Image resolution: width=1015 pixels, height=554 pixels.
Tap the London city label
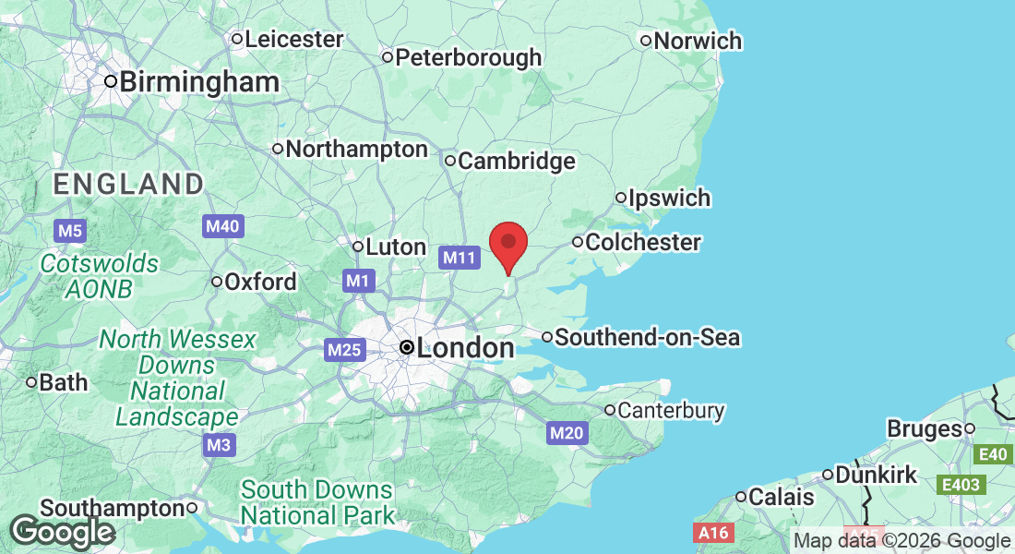click(x=465, y=348)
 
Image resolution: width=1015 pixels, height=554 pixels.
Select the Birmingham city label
click(x=198, y=81)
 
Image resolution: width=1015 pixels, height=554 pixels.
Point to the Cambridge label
click(x=516, y=162)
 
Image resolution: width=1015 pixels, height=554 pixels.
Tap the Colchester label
click(x=643, y=242)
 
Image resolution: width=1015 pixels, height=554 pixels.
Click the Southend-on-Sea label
click(x=647, y=337)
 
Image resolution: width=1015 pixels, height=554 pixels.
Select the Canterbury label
click(x=670, y=410)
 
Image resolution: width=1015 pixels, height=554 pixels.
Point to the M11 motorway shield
click(x=459, y=258)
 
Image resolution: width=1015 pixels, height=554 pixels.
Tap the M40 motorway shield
click(x=222, y=226)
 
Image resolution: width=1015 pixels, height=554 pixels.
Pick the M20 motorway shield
click(x=566, y=432)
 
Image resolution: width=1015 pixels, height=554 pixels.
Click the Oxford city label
click(x=259, y=282)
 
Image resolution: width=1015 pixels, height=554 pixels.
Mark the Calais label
click(x=781, y=497)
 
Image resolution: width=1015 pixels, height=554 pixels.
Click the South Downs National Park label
click(x=317, y=502)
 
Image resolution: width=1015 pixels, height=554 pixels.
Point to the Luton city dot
click(x=358, y=246)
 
